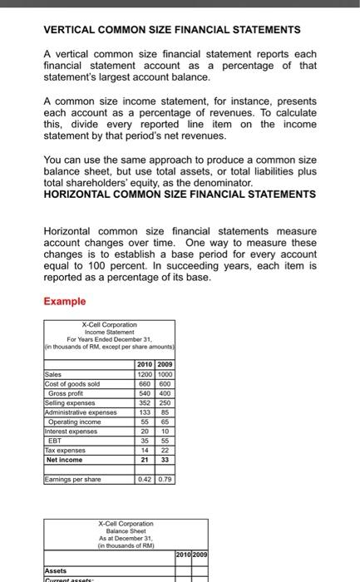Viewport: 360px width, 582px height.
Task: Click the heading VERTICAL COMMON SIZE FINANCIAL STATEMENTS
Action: point(171,30)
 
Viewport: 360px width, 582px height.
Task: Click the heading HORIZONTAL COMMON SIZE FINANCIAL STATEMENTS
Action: point(179,194)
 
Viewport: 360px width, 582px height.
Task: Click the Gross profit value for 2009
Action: point(164,393)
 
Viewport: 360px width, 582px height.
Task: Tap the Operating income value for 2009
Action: point(164,422)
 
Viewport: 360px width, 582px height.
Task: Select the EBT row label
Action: point(55,440)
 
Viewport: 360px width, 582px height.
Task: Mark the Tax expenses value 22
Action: point(164,449)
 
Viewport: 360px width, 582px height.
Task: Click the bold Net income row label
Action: point(64,459)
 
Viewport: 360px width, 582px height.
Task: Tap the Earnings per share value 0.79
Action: point(164,478)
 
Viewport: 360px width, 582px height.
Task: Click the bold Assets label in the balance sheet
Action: point(57,571)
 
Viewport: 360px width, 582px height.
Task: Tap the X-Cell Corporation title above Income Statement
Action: point(109,325)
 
